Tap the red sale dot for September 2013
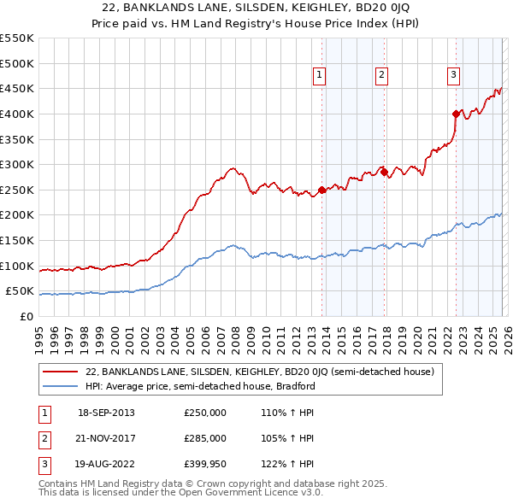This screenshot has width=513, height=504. tap(321, 190)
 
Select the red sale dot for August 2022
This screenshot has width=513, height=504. tap(456, 113)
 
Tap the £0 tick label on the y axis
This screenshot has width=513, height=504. tap(27, 316)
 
